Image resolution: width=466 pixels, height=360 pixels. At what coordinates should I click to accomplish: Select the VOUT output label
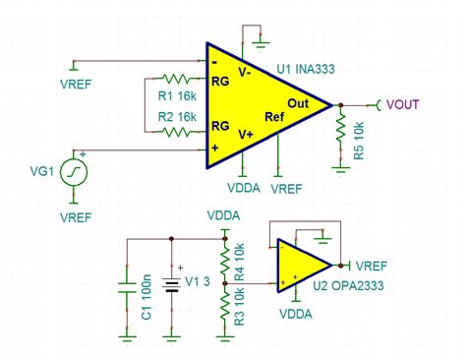pyautogui.click(x=403, y=103)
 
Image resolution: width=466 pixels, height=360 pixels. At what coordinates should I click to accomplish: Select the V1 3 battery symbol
pyautogui.click(x=173, y=286)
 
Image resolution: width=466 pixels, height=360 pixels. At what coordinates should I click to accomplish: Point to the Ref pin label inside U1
pyautogui.click(x=274, y=116)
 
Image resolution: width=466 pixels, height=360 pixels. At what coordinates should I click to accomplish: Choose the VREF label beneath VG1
pyautogui.click(x=76, y=215)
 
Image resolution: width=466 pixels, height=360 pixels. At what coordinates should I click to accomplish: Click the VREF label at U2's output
pyautogui.click(x=372, y=266)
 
